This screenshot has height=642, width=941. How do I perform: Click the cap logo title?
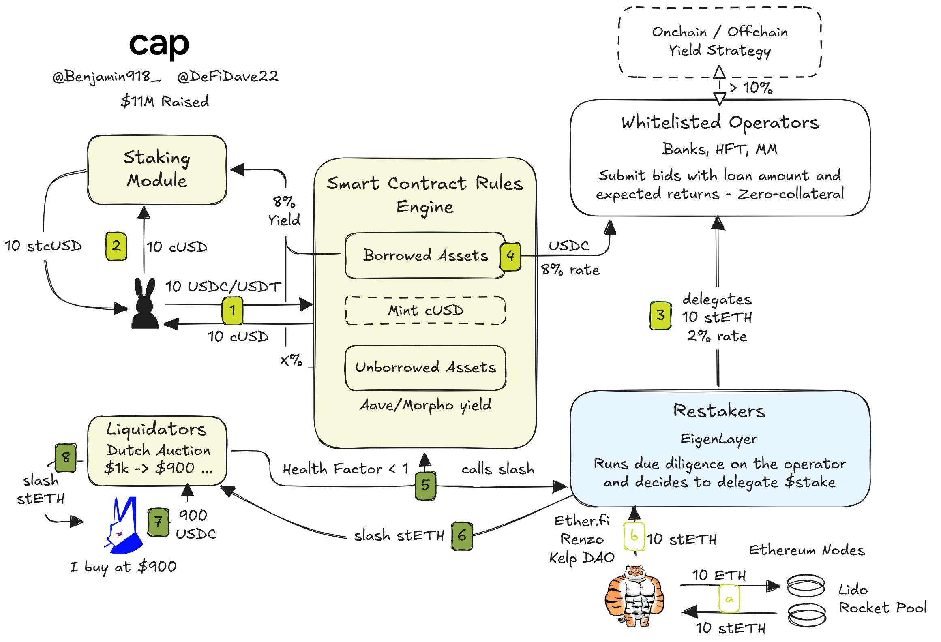(159, 45)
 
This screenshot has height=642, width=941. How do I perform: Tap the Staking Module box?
(157, 170)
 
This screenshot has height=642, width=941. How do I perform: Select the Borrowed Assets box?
(425, 255)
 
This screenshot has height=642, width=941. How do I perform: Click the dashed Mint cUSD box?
(425, 311)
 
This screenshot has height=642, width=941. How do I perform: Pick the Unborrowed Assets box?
(425, 368)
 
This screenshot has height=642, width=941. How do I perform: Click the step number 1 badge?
(232, 310)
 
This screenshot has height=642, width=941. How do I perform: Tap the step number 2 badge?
(116, 246)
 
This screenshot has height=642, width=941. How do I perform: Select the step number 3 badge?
(660, 315)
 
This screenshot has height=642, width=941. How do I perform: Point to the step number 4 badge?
(510, 257)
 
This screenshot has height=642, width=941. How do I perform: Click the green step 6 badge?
(462, 536)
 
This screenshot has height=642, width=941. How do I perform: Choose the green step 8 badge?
(66, 458)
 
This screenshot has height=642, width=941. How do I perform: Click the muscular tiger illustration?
(634, 596)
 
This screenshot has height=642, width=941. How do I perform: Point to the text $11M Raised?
(165, 101)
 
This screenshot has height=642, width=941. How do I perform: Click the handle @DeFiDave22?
(228, 76)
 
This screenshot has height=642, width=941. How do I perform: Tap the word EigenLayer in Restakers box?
(718, 439)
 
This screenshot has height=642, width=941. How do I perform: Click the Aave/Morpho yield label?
(425, 405)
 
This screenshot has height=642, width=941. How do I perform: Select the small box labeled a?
(729, 599)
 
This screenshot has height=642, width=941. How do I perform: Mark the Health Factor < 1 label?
(346, 469)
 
